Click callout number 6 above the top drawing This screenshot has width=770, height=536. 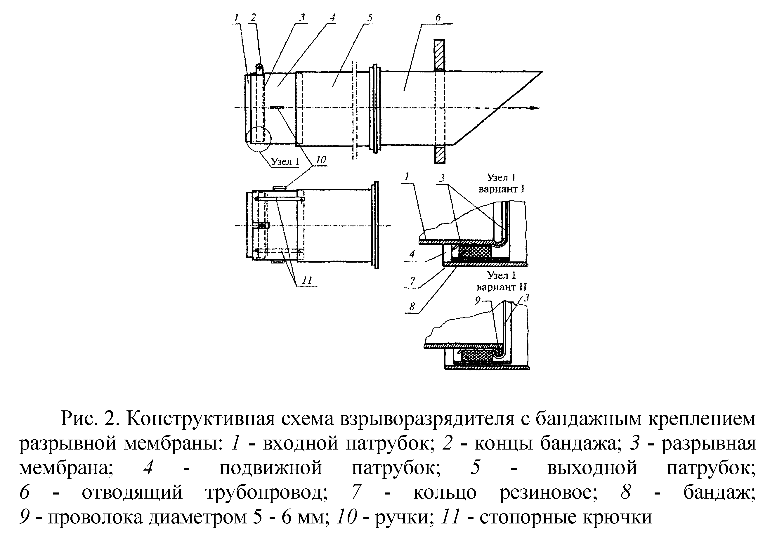point(438,18)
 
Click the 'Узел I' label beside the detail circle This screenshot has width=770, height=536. point(285,162)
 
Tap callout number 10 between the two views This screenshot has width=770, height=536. point(321,160)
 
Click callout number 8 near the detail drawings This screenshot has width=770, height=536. point(412,306)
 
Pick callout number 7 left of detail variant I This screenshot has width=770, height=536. point(412,281)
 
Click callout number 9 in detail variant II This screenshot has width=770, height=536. point(478,300)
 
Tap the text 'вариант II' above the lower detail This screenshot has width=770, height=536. point(501,287)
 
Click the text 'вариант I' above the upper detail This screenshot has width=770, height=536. point(501,189)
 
